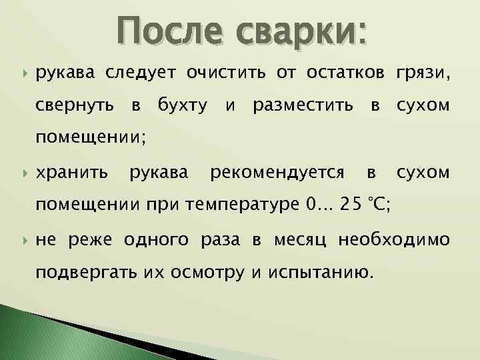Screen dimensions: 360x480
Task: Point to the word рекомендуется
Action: pos(277,174)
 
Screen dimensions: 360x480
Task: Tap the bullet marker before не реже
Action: pos(24,239)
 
